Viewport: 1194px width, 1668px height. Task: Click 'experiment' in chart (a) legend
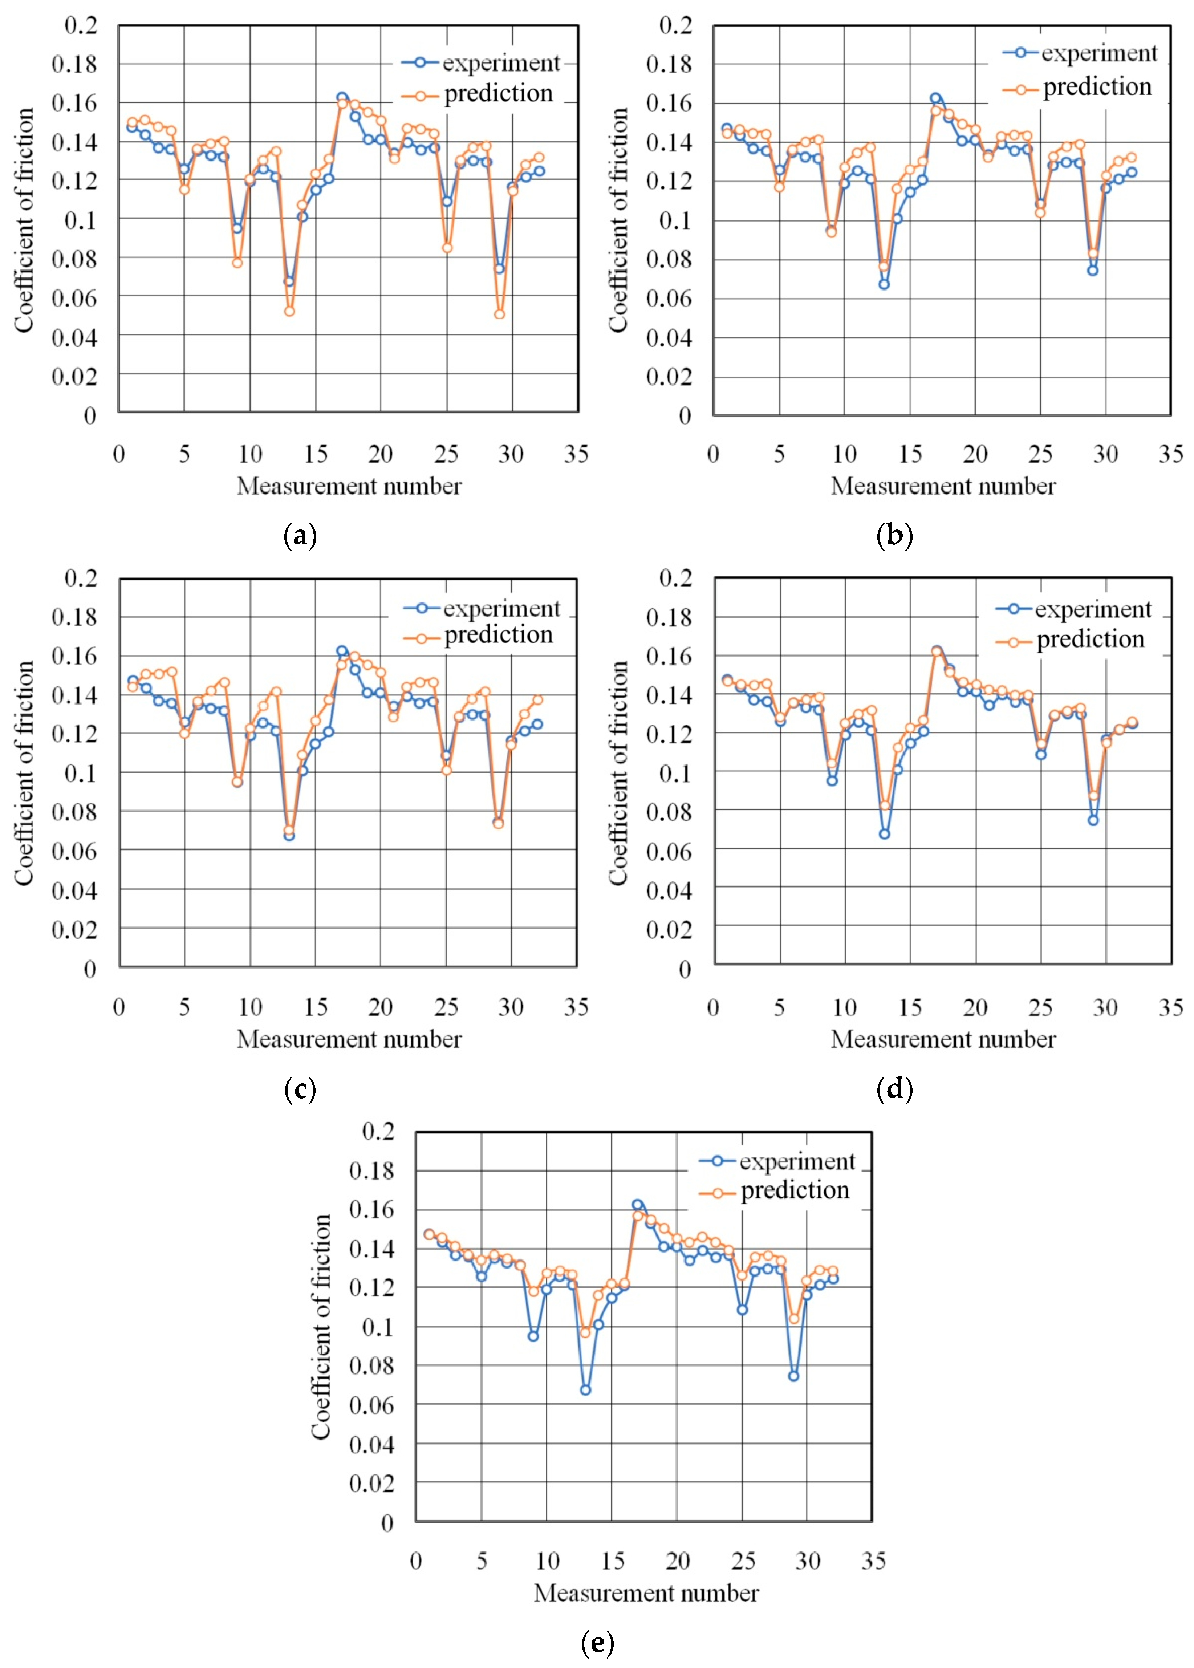[501, 63]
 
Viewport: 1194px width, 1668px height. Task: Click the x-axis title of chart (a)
[349, 486]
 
